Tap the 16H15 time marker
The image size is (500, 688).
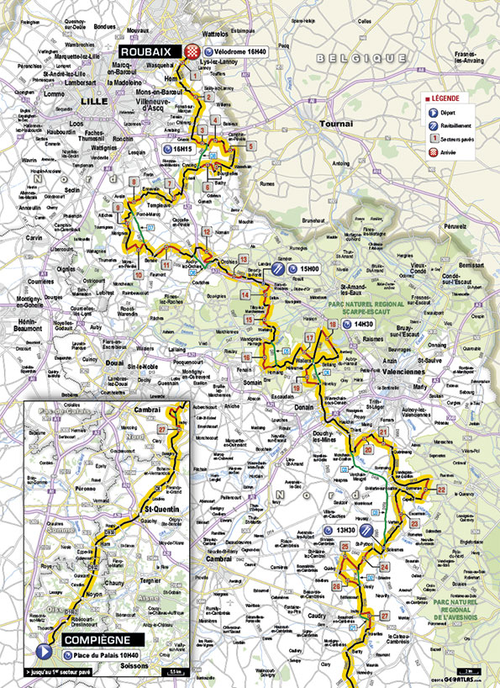(183, 149)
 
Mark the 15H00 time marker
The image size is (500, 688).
(306, 269)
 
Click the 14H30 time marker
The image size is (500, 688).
(363, 324)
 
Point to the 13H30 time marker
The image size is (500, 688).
(345, 531)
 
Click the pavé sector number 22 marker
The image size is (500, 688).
(441, 488)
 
